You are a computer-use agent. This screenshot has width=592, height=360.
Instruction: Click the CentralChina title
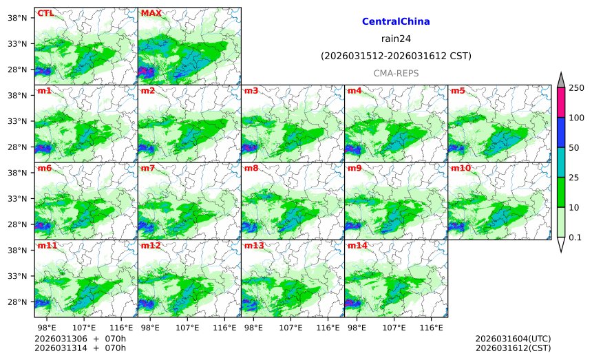[x=396, y=22]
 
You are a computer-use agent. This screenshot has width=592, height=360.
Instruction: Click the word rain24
[x=396, y=39]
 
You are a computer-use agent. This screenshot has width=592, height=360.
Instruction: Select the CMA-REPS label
[x=396, y=73]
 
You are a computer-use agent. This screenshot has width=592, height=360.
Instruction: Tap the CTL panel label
[x=45, y=13]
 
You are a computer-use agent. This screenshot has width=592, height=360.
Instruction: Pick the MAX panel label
[x=151, y=13]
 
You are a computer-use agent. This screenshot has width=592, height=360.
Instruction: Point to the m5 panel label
[x=458, y=91]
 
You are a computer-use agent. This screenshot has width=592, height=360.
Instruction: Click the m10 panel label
[x=461, y=168]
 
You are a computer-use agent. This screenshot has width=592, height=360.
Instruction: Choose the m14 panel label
[x=357, y=246]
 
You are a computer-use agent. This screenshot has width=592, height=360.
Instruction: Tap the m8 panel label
[x=251, y=168]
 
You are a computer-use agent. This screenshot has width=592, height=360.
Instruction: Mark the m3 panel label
[x=251, y=91]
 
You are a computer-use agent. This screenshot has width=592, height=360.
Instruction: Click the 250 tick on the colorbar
[x=576, y=88]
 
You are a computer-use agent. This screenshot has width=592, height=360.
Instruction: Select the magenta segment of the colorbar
[x=560, y=103]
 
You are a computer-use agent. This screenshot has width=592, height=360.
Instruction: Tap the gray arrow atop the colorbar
[x=560, y=81]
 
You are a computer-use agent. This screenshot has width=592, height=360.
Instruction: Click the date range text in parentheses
[x=396, y=56]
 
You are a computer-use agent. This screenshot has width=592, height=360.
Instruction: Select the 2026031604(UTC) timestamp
[x=513, y=339]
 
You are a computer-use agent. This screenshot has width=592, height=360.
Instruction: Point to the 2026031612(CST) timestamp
[x=513, y=348]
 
